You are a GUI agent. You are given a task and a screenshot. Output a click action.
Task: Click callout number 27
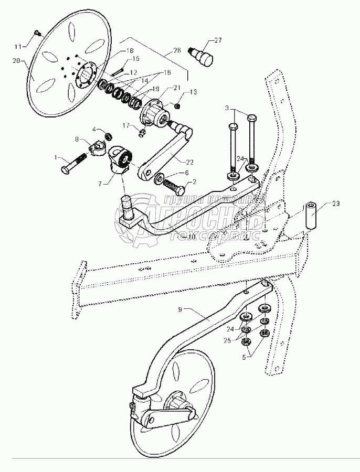[217, 39]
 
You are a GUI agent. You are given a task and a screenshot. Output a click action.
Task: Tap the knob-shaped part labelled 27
[205, 56]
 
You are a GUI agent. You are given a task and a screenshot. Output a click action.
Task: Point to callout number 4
[95, 129]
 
